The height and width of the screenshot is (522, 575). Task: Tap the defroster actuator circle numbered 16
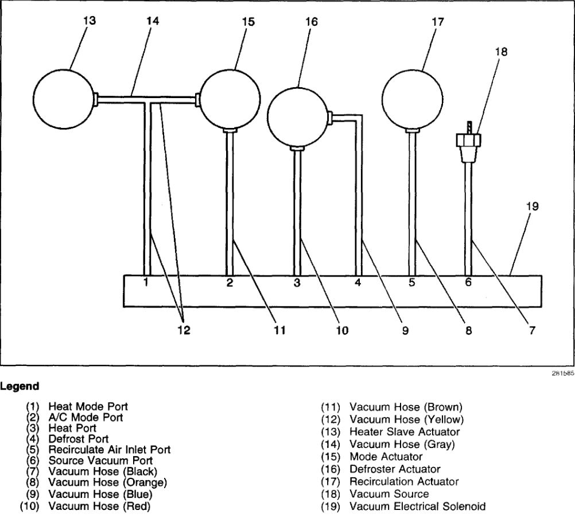pyautogui.click(x=298, y=116)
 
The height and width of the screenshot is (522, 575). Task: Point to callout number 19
pyautogui.click(x=532, y=206)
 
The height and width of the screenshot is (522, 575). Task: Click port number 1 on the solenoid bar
pyautogui.click(x=146, y=282)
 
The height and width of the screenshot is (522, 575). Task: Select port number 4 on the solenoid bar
pyautogui.click(x=358, y=282)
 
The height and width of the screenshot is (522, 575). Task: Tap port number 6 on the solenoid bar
pyautogui.click(x=468, y=282)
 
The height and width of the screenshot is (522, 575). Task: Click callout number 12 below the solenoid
pyautogui.click(x=184, y=330)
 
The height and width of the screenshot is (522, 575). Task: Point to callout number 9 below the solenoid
pyautogui.click(x=405, y=330)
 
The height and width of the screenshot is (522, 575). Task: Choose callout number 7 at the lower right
pyautogui.click(x=532, y=330)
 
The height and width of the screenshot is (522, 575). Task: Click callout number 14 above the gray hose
pyautogui.click(x=152, y=21)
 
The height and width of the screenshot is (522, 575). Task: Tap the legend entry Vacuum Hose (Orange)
pyautogui.click(x=107, y=481)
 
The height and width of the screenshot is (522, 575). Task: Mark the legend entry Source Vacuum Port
pyautogui.click(x=100, y=460)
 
